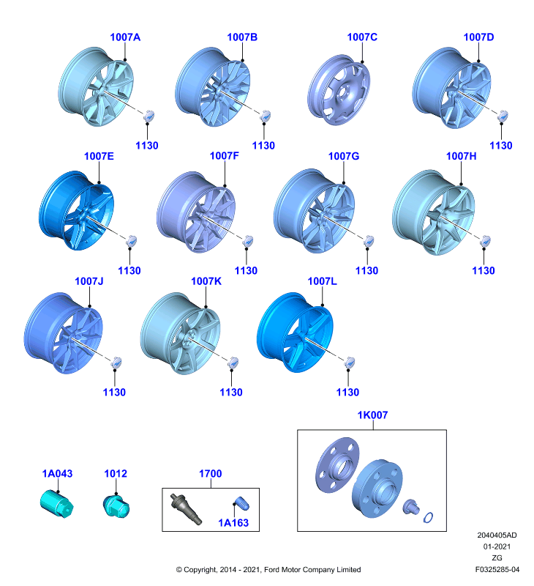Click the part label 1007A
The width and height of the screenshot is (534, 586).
tap(125, 37)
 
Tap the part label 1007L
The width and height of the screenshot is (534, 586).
tap(322, 281)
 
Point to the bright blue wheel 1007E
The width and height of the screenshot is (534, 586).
tap(76, 210)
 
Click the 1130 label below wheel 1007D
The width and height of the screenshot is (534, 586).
tap(501, 146)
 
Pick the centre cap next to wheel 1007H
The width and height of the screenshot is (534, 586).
tap(485, 241)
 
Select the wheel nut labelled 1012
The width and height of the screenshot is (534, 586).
tap(116, 506)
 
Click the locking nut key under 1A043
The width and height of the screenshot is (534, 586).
tap(57, 504)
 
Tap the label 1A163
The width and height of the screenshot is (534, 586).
tap(233, 523)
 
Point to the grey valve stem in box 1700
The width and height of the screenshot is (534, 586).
tap(186, 508)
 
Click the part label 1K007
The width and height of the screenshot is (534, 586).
tap(372, 415)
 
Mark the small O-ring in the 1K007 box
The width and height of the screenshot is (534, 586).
tap(428, 518)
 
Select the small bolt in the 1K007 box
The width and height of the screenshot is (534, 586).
tap(411, 507)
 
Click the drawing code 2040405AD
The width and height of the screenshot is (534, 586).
tap(497, 535)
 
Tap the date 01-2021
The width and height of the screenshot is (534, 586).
tap(497, 546)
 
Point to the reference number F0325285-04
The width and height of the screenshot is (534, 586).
tap(497, 570)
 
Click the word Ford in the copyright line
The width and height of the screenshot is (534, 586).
tap(272, 570)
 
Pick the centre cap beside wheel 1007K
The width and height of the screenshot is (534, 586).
tap(233, 362)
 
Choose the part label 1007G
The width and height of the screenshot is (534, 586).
tap(343, 156)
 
